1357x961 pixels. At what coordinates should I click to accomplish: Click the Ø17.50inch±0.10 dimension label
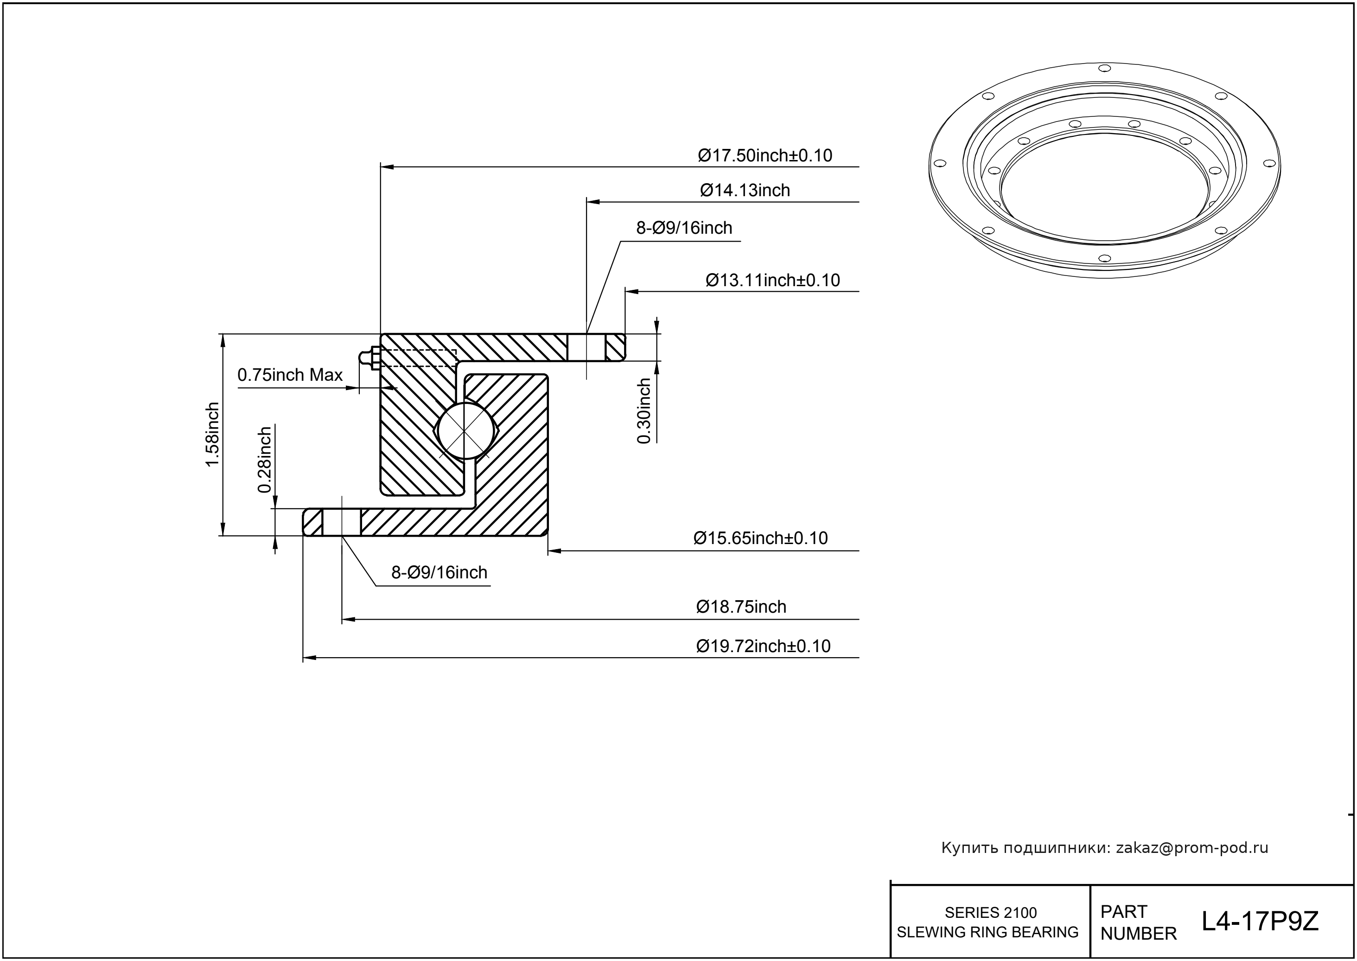tap(765, 156)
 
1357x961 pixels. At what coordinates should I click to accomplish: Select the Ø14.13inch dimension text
tap(745, 191)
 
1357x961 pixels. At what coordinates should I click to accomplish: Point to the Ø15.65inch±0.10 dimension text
tap(760, 538)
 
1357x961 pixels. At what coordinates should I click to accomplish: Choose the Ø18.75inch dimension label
tap(741, 607)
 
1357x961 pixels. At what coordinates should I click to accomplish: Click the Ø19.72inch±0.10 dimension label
tap(763, 646)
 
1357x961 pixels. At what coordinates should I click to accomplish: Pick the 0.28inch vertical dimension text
tap(264, 460)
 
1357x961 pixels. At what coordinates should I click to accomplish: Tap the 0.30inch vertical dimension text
tap(643, 410)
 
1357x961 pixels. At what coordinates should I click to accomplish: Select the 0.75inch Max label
tap(290, 375)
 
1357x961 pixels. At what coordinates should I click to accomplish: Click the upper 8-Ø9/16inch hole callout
tap(684, 228)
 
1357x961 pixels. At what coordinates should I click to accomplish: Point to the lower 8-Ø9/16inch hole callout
tap(439, 572)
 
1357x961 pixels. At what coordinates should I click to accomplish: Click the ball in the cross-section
tap(465, 431)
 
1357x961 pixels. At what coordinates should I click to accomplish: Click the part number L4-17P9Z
tap(1260, 922)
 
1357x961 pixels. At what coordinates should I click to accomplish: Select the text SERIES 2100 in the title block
tap(990, 912)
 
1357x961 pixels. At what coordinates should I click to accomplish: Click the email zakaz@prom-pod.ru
tap(1191, 848)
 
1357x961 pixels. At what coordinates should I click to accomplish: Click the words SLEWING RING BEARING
tap(987, 932)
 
